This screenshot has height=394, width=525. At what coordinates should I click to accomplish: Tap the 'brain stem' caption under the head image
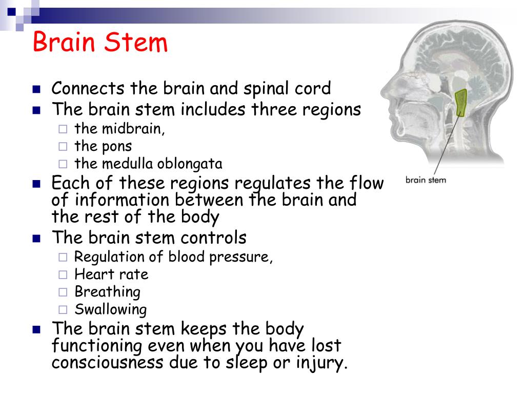click(426, 180)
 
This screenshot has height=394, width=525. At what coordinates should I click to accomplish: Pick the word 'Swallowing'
click(111, 309)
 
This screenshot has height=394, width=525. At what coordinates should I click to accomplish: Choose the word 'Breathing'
click(108, 292)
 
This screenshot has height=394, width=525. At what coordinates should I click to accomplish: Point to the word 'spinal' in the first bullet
click(261, 89)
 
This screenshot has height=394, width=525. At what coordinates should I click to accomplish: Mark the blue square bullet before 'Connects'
click(36, 89)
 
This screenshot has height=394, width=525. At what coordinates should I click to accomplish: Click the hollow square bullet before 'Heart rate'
click(63, 275)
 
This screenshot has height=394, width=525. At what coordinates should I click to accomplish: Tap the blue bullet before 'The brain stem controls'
click(36, 239)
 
